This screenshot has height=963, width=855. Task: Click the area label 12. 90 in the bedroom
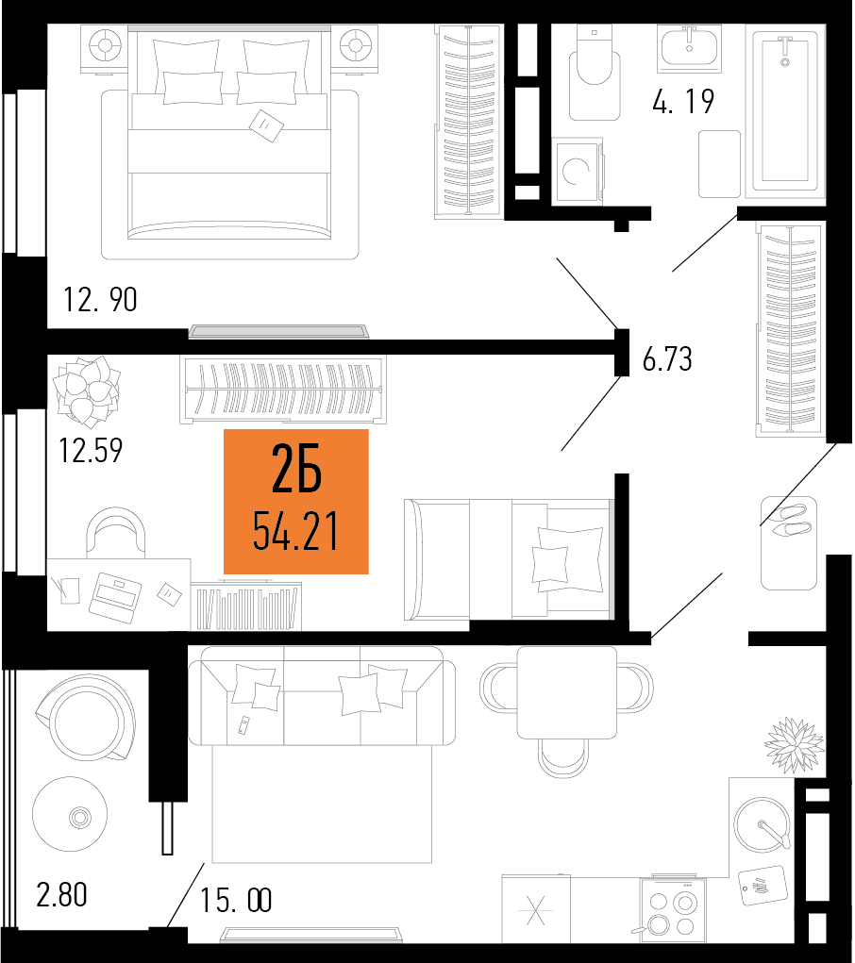(100, 300)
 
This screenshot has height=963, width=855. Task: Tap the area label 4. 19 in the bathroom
(683, 101)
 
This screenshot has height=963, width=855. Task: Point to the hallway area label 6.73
(667, 359)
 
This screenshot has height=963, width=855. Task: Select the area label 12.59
(91, 450)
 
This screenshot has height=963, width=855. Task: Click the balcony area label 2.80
(61, 895)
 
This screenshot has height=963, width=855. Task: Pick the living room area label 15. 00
(235, 901)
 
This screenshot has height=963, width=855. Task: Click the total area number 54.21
(295, 531)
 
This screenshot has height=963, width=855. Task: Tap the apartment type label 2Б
(296, 470)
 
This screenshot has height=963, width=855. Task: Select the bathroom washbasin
(689, 47)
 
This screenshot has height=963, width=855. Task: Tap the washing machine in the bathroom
(578, 170)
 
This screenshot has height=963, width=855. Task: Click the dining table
(567, 692)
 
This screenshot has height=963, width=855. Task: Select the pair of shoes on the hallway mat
(792, 519)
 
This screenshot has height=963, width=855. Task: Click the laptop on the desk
(115, 598)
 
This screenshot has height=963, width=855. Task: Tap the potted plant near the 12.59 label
(87, 391)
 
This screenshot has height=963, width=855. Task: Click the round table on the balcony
(70, 814)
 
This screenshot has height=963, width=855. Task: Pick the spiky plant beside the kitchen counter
(795, 745)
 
